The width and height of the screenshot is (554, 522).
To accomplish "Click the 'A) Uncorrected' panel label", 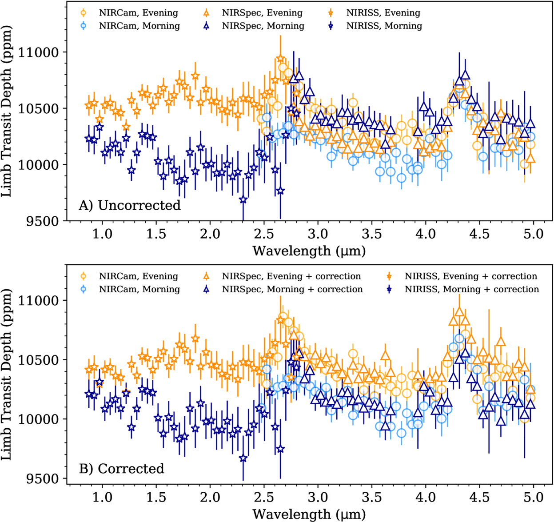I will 129,205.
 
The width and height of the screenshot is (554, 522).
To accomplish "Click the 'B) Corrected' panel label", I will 121,469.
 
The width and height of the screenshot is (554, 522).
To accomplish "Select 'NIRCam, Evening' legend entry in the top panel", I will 138,13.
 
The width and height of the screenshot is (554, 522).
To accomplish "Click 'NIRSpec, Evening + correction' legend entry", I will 291,276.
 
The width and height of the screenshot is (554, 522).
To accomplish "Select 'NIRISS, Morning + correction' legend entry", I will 471,289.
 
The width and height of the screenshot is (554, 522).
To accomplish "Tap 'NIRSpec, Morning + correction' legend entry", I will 292,289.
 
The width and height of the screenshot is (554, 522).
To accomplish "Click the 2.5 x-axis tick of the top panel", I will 264,234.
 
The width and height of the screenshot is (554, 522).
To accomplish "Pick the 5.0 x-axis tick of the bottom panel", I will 533,497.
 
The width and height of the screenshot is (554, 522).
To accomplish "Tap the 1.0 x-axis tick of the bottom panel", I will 102,497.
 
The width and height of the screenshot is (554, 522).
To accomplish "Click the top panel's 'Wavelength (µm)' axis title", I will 309,251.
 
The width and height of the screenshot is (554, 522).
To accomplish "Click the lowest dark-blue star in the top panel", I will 243,200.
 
